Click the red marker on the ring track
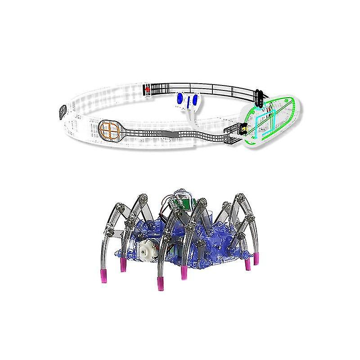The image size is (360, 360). [147, 90]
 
